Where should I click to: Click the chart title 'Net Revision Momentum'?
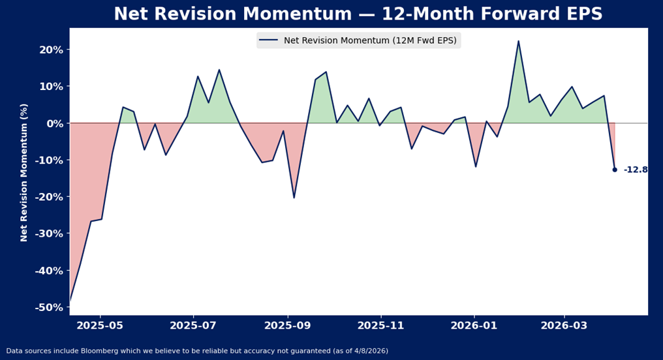tap(358, 14)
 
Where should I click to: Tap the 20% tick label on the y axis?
tap(50, 50)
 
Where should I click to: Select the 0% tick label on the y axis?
tap(53, 123)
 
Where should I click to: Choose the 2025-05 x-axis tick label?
tap(100, 325)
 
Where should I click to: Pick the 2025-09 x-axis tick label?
tap(287, 325)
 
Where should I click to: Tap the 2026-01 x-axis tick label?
tap(474, 325)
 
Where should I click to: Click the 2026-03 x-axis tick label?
tap(564, 325)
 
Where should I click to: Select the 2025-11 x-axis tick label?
tap(380, 325)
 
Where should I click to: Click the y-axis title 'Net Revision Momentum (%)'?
tap(24, 172)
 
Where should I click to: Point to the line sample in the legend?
tap(268, 40)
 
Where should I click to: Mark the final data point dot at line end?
tap(614, 170)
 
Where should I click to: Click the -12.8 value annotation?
tap(635, 170)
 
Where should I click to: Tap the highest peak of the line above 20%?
tap(518, 41)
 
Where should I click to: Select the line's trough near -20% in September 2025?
tap(294, 198)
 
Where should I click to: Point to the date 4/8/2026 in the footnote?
tap(369, 351)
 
